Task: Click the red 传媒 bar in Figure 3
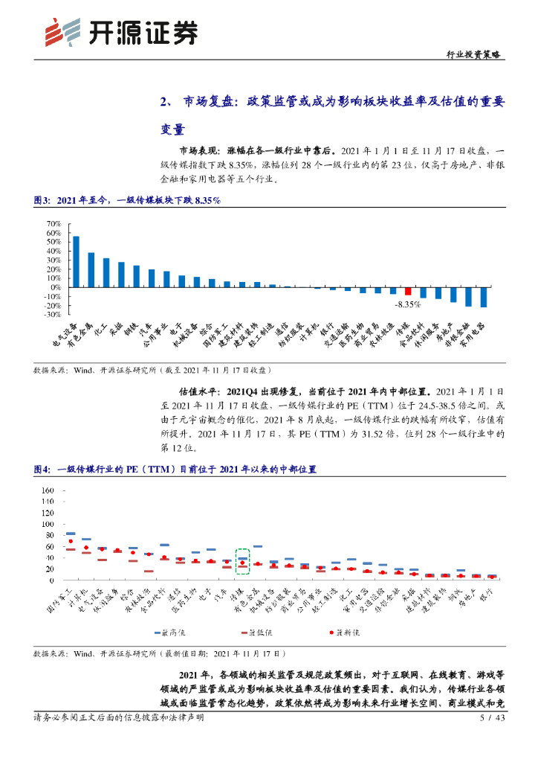[x=408, y=291]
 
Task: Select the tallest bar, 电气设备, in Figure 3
[x=76, y=261]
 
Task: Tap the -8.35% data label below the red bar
[x=408, y=305]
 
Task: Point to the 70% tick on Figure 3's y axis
[x=54, y=223]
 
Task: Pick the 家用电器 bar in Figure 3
[x=483, y=297]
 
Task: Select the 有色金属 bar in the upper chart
[x=91, y=269]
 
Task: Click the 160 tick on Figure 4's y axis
[x=48, y=490]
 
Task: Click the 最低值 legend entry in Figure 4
[x=257, y=632]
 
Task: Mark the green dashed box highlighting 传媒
[x=242, y=560]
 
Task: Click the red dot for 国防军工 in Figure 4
[x=71, y=542]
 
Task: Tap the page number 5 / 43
[x=493, y=718]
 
